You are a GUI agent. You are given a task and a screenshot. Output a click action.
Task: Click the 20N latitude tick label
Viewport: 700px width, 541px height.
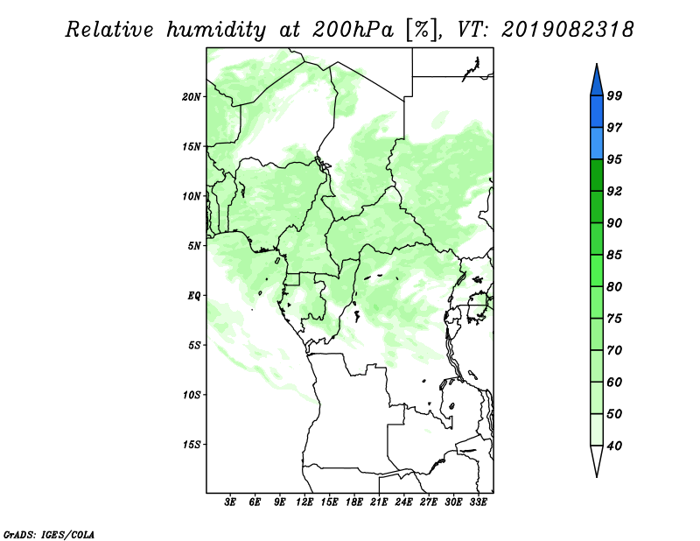(x=192, y=97)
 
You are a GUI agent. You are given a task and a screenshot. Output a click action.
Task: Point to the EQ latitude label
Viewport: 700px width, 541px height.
(x=194, y=296)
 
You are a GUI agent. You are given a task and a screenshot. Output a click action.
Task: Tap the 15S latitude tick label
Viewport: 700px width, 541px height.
(x=192, y=445)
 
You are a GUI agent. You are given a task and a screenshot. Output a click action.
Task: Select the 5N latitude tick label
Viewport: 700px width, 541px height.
(x=194, y=246)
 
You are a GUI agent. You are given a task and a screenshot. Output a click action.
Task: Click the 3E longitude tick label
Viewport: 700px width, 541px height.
(x=230, y=502)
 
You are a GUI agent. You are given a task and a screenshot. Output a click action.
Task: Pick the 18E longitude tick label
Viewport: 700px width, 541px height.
(x=354, y=502)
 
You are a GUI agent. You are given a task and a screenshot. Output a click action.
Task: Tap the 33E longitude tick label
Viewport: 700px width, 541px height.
(x=478, y=502)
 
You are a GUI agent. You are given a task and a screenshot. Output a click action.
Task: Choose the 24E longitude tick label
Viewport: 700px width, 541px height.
(x=403, y=502)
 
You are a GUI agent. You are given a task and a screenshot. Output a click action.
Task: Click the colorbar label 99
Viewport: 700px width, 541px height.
(x=614, y=95)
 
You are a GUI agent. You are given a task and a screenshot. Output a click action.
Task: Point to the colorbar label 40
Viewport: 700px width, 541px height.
(x=614, y=446)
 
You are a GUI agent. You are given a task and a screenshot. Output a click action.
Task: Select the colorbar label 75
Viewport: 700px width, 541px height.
(x=614, y=319)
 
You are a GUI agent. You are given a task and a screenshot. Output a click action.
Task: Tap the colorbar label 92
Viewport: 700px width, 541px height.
(x=614, y=191)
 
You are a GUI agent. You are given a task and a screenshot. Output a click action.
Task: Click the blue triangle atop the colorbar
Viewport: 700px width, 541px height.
(x=597, y=82)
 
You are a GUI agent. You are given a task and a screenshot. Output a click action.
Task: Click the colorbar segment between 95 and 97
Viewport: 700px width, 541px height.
(x=597, y=144)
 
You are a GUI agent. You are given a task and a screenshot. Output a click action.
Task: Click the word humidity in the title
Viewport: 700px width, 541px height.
(x=216, y=30)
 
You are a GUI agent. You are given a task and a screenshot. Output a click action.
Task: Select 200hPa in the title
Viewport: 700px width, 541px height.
(x=353, y=30)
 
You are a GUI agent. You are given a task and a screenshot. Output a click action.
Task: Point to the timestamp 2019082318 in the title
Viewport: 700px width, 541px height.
(x=567, y=30)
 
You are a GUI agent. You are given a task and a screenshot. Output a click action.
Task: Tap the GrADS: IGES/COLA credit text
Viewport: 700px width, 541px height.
(x=49, y=534)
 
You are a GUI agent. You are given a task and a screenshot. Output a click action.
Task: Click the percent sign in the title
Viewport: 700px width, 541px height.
(x=421, y=30)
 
